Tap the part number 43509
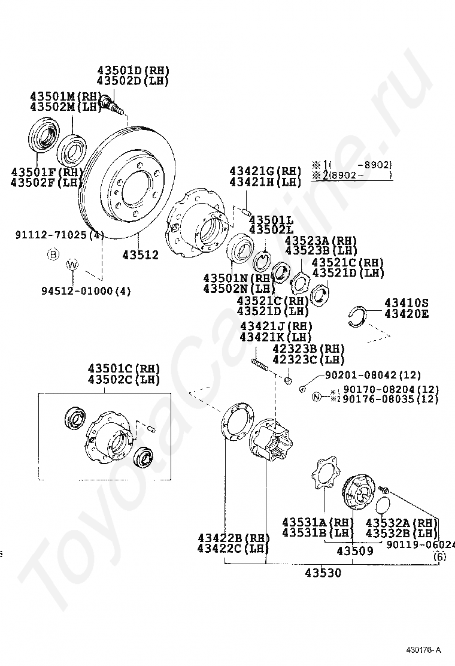pyautogui.click(x=354, y=550)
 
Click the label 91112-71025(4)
pyautogui.click(x=59, y=235)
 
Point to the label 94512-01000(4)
pyautogui.click(x=86, y=291)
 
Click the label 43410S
pyautogui.click(x=407, y=302)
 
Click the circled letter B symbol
pyautogui.click(x=53, y=255)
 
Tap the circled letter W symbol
pyautogui.click(x=72, y=264)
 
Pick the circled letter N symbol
pyautogui.click(x=317, y=396)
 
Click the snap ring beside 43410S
pyautogui.click(x=358, y=316)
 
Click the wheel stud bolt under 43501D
pyautogui.click(x=111, y=104)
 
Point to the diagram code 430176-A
pyautogui.click(x=422, y=650)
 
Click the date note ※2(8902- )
pyautogui.click(x=351, y=175)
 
